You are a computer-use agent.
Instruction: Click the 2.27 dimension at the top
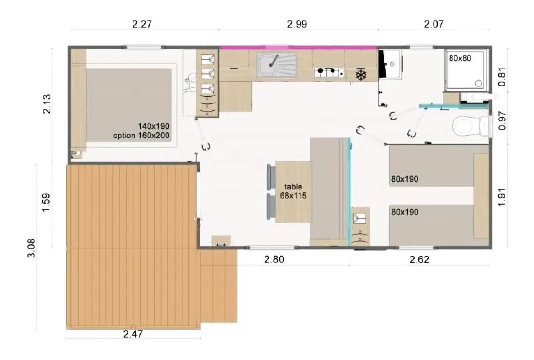pyautogui.click(x=142, y=24)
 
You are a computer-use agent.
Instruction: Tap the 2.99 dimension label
pyautogui.click(x=297, y=24)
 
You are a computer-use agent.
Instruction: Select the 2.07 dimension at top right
pyautogui.click(x=434, y=24)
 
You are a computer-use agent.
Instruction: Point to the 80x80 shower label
pyautogui.click(x=460, y=58)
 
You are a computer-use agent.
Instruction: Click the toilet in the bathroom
pyautogui.click(x=471, y=126)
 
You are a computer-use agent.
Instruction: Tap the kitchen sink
pyautogui.click(x=277, y=65)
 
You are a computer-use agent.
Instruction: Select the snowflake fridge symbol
pyautogui.click(x=361, y=75)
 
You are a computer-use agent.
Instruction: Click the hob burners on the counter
pyautogui.click(x=329, y=72)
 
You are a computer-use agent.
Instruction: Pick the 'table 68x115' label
pyautogui.click(x=293, y=191)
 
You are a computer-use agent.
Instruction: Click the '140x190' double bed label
pyautogui.click(x=153, y=126)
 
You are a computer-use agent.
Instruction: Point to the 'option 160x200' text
pyautogui.click(x=141, y=136)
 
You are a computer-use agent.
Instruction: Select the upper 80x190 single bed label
pyautogui.click(x=404, y=179)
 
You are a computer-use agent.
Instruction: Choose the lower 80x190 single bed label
pyautogui.click(x=404, y=212)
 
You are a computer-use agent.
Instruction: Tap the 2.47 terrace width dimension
pyautogui.click(x=133, y=334)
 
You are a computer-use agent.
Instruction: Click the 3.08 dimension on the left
pyautogui.click(x=31, y=248)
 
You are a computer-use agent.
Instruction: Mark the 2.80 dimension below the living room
pyautogui.click(x=274, y=260)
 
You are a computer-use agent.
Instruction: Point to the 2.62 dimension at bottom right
pyautogui.click(x=419, y=260)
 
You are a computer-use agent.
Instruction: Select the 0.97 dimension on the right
pyautogui.click(x=502, y=120)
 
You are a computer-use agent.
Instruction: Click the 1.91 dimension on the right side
pyautogui.click(x=502, y=197)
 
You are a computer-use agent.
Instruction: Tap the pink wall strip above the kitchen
pyautogui.click(x=299, y=48)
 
